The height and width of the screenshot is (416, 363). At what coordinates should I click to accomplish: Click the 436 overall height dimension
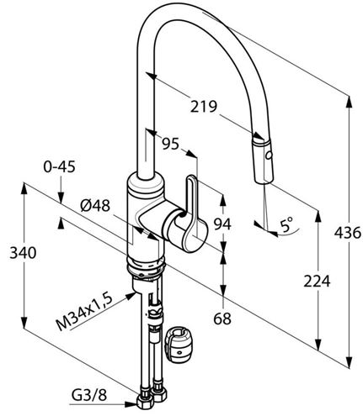click(347, 233)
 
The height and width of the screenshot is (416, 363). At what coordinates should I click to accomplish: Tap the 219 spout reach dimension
click(204, 107)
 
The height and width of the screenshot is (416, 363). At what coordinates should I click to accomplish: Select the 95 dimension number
click(171, 144)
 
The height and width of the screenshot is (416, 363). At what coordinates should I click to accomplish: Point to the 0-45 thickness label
click(59, 167)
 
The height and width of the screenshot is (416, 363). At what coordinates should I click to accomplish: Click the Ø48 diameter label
click(95, 207)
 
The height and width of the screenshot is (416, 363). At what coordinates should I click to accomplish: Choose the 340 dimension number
click(23, 253)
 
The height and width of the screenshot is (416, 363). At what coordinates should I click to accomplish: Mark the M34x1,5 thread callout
click(85, 312)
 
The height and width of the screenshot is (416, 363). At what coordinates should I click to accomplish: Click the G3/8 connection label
click(89, 395)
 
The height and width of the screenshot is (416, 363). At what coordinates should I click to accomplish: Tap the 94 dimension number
click(222, 224)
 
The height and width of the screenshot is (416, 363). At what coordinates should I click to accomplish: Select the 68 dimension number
click(222, 319)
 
